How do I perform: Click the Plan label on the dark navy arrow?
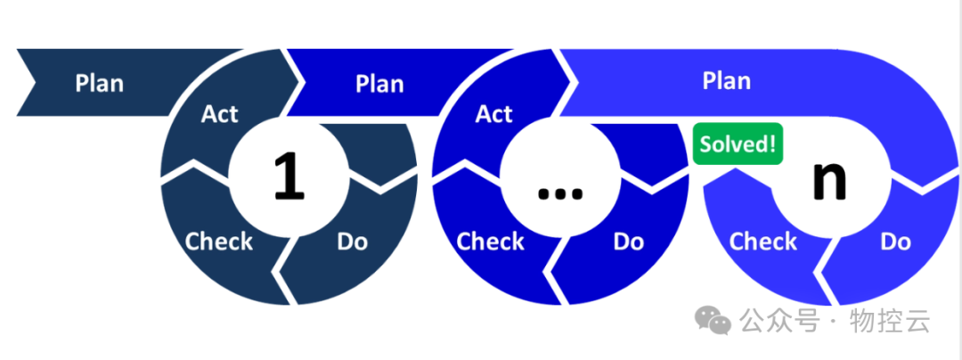coord(99,83)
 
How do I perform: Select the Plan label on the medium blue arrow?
coord(379,84)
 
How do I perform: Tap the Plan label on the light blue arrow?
coord(726,80)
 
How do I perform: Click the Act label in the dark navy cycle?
coord(220,114)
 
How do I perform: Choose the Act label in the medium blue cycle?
coord(494,114)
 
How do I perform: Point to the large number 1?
coord(287,176)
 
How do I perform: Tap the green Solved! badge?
coord(738,143)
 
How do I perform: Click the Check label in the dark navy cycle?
coord(219,241)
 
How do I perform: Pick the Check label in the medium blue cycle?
coord(491,241)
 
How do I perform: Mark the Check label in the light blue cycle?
coord(763,241)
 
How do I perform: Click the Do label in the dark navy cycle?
coord(353,241)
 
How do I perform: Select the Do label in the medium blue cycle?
coord(629,241)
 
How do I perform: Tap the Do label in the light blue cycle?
coord(895,241)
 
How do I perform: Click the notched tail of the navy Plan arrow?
coord(27,83)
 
